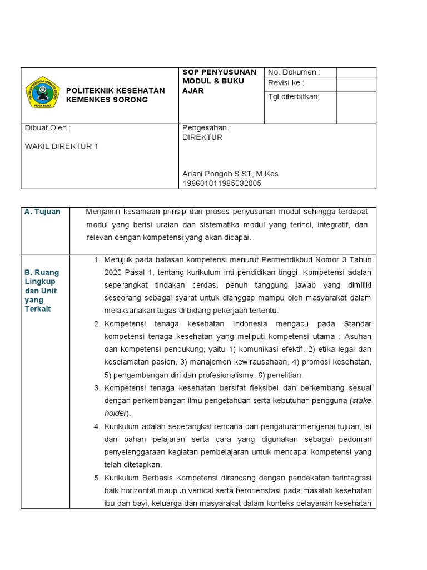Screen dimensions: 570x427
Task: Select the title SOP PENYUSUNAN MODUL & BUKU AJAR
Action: tap(220, 81)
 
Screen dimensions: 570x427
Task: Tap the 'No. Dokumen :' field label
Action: tap(294, 72)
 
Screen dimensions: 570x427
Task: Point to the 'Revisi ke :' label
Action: tap(286, 83)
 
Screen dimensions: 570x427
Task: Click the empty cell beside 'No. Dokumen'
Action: tap(356, 72)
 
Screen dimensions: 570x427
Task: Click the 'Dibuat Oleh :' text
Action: tap(48, 127)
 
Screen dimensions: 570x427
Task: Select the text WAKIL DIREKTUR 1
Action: tap(62, 146)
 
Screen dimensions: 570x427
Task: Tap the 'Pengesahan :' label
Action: tap(206, 127)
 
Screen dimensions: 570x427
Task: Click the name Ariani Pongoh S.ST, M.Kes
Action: tap(230, 174)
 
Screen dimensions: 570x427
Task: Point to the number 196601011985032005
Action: tap(222, 183)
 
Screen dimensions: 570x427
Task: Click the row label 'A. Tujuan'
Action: tap(42, 212)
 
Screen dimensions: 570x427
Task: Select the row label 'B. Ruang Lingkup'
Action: tap(42, 277)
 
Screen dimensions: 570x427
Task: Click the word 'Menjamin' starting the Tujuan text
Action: tap(103, 212)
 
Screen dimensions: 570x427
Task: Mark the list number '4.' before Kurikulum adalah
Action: tap(97, 426)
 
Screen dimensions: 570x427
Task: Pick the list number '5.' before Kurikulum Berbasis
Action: tap(97, 478)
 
